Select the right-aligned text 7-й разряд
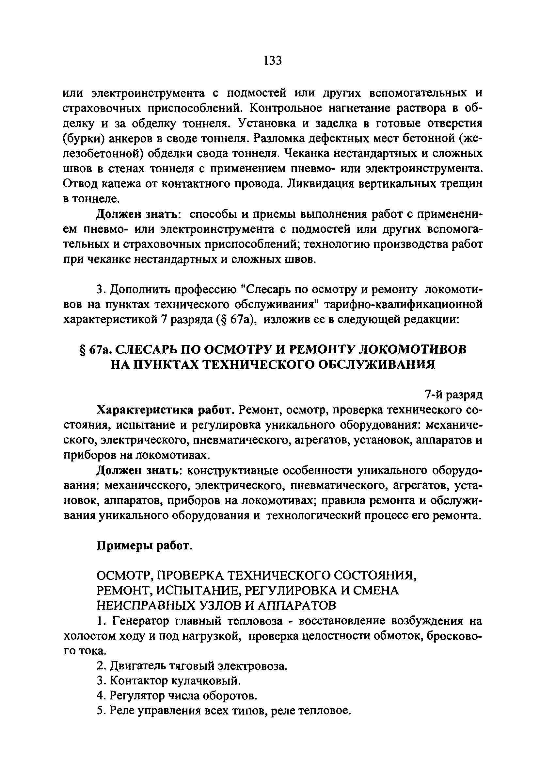(x=454, y=395)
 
